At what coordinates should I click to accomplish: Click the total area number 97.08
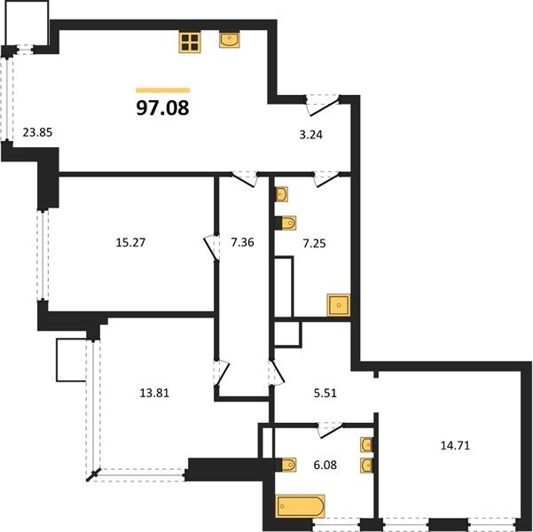pos(162,108)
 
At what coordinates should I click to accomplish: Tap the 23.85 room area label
pos(37,132)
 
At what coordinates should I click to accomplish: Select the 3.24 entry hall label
pos(310,135)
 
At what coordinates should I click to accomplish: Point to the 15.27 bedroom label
pos(130,243)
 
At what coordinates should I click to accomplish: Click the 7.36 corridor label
pos(242,243)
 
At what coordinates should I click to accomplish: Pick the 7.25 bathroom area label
pos(315,244)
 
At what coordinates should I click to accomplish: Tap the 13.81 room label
pos(154,393)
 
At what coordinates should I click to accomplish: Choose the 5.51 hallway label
pos(325,393)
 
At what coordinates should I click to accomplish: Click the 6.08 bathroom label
pos(325,465)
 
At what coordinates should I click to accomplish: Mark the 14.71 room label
pos(455,445)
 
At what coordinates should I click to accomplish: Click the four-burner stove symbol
pos(190,43)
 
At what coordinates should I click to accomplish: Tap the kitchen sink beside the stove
pos(230,39)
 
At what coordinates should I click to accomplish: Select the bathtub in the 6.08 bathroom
pos(301,506)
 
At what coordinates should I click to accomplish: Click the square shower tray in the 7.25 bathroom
pos(338,305)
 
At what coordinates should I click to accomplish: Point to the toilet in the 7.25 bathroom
pos(286,223)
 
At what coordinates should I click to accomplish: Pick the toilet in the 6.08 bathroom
pos(286,465)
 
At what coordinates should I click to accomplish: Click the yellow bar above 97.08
pos(163,90)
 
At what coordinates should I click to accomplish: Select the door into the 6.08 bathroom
pos(331,431)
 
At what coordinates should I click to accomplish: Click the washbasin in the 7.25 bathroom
pos(281,194)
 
